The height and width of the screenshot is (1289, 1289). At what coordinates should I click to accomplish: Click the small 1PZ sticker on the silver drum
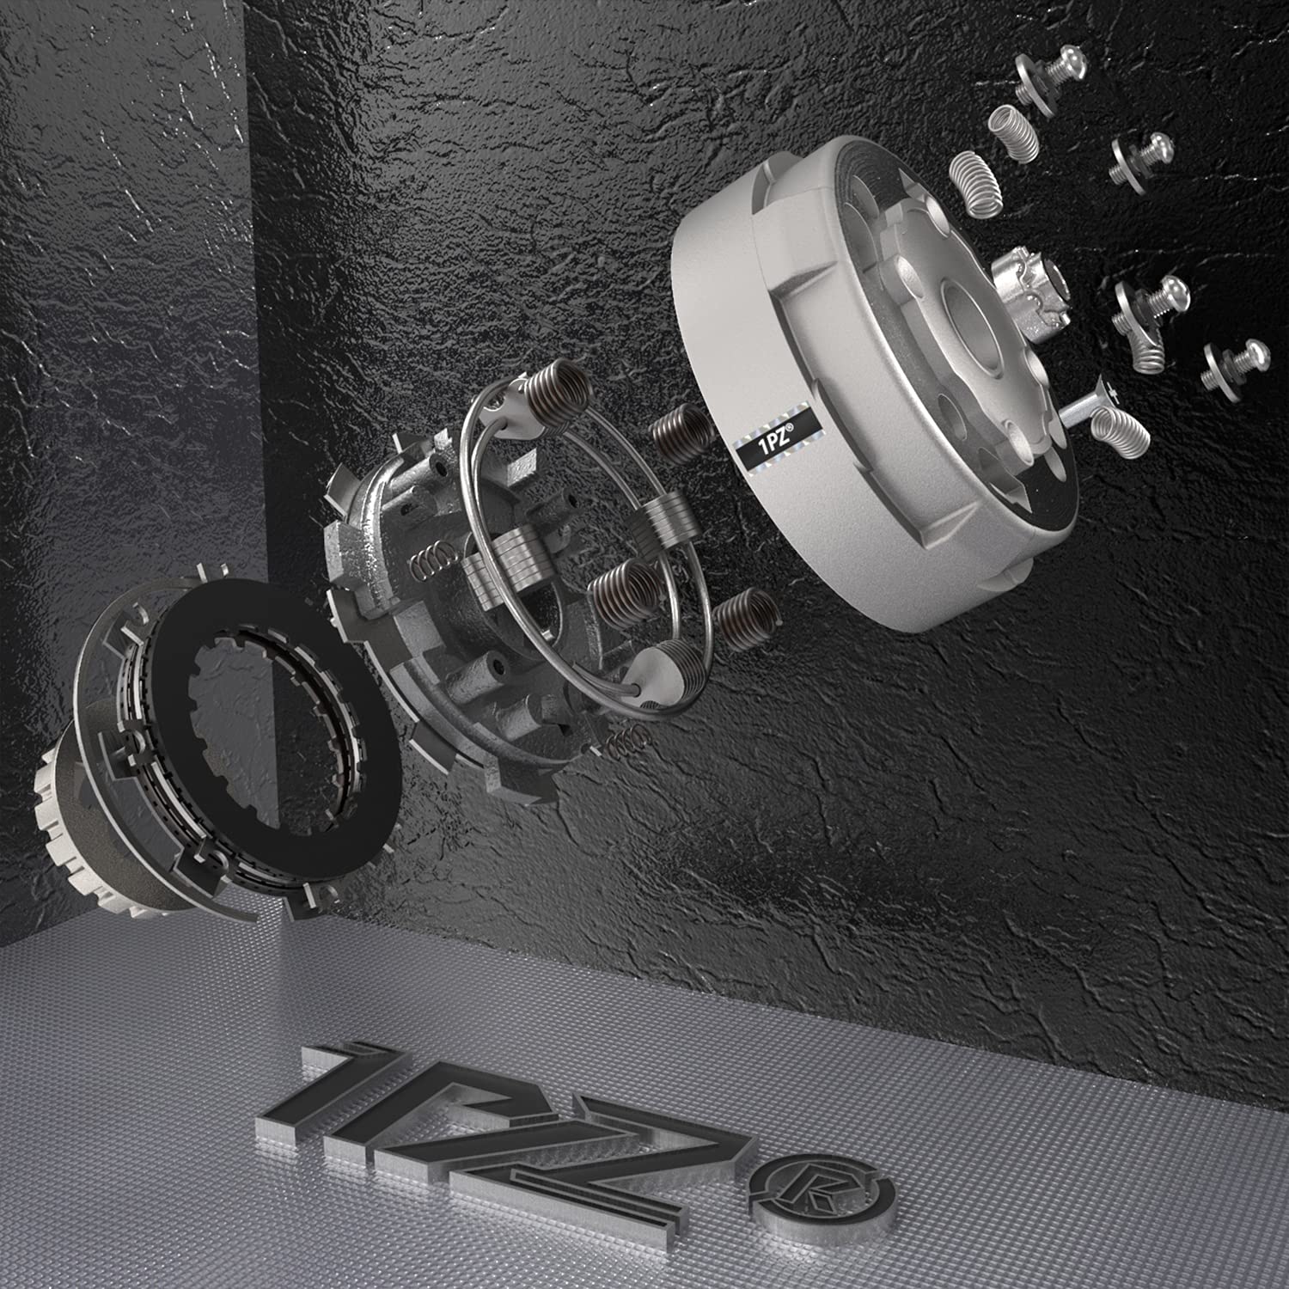click(775, 452)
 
